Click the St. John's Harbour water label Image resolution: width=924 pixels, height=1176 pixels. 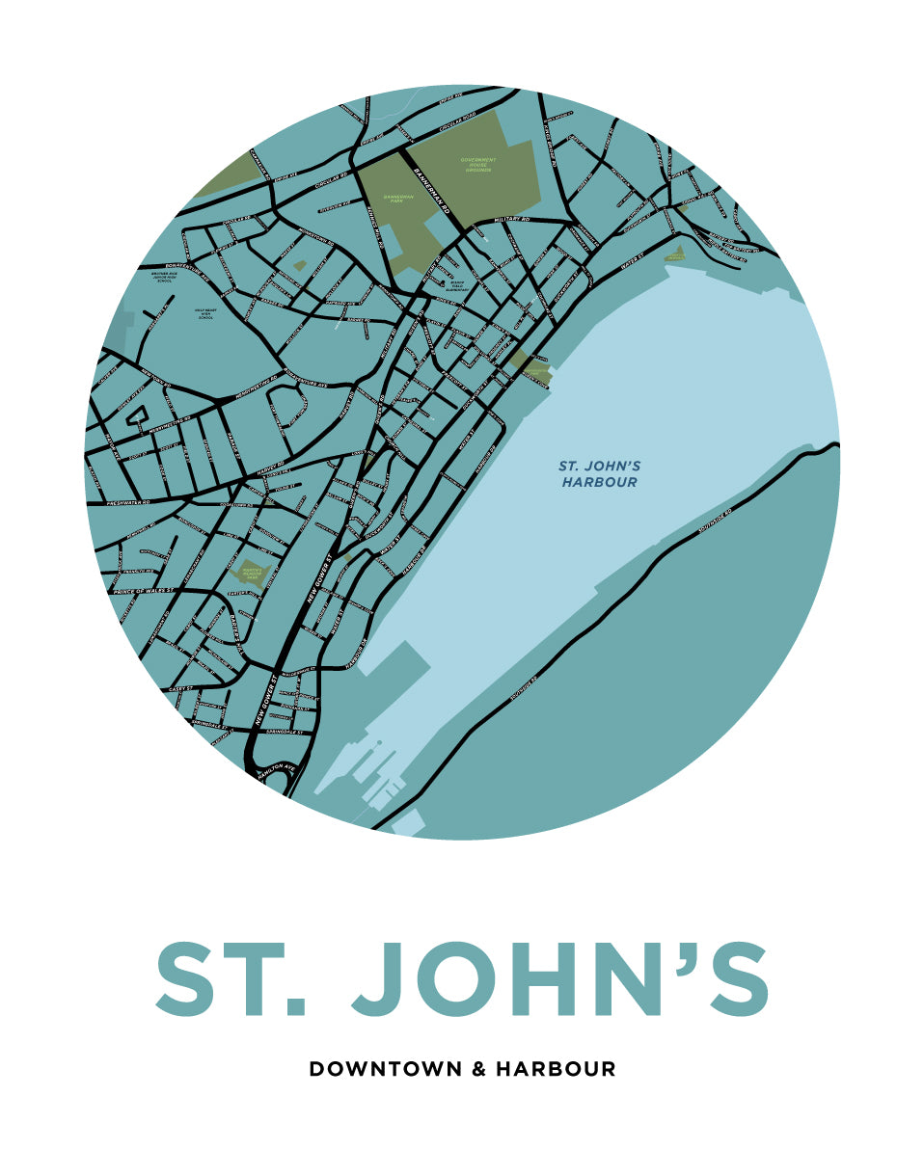pyautogui.click(x=599, y=473)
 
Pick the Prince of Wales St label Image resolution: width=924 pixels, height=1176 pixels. pyautogui.click(x=143, y=590)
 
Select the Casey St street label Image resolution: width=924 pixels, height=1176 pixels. pyautogui.click(x=181, y=690)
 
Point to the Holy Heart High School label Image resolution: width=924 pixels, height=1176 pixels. pyautogui.click(x=205, y=313)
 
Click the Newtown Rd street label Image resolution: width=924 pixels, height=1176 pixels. pyautogui.click(x=156, y=379)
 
